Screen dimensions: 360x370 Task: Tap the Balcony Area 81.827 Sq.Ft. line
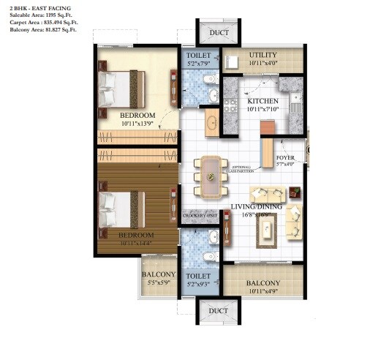[39, 30]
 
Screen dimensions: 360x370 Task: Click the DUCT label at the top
[219, 33]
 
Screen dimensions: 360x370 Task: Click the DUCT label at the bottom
[219, 311]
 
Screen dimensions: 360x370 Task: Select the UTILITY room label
[263, 55]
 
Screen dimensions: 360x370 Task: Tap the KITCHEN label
[263, 101]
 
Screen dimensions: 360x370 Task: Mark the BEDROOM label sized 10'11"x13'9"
[137, 116]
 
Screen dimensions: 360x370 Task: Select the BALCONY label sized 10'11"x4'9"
[263, 283]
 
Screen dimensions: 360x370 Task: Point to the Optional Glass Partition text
[242, 168]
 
